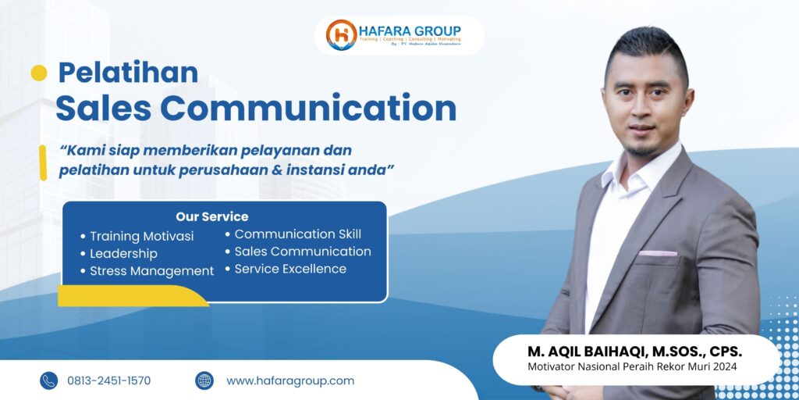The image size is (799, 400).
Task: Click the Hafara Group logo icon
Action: [342, 34]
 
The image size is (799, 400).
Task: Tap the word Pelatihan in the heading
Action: [128, 73]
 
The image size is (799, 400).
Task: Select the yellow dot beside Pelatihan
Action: [38, 73]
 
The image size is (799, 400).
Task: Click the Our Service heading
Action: [212, 216]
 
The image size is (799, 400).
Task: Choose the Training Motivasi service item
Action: [141, 236]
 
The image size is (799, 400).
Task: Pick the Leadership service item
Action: [123, 254]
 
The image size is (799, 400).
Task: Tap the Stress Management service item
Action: [151, 271]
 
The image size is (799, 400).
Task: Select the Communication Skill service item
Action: [297, 234]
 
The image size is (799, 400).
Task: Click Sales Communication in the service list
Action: [303, 252]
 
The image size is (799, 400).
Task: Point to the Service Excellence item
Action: [290, 269]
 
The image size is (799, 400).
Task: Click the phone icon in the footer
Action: [49, 380]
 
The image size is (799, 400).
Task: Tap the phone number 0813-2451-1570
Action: [109, 380]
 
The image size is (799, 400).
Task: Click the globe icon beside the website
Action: [204, 380]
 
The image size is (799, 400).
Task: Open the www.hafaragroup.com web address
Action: [290, 380]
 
